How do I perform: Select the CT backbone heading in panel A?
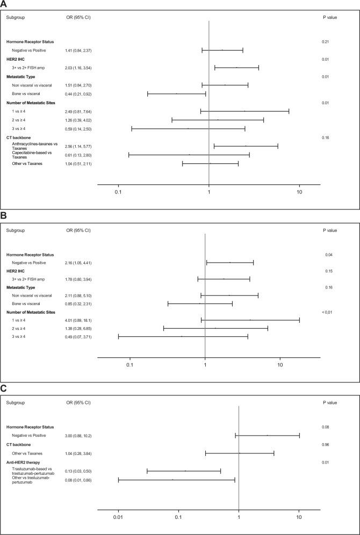18,138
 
